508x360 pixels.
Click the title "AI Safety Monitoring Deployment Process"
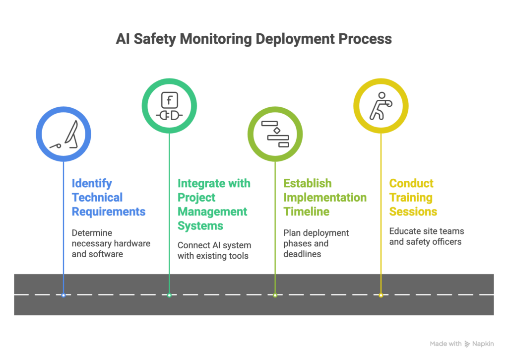coord(254,39)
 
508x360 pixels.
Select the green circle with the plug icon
coord(169,106)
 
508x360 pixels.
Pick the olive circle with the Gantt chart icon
coord(275,134)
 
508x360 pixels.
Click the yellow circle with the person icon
coord(381,106)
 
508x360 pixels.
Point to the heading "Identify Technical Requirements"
coord(109,198)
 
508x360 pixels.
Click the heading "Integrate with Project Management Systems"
coord(214,205)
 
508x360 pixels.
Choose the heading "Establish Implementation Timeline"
coord(325,198)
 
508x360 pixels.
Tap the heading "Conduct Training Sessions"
coord(413,198)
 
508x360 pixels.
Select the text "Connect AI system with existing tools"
coord(214,251)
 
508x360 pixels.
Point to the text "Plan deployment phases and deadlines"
coord(316,243)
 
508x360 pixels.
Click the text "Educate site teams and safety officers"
coord(426,236)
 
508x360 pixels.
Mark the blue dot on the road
coord(63,295)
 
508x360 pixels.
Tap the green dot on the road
coord(169,295)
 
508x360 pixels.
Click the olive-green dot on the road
coord(275,295)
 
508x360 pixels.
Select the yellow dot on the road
coord(381,295)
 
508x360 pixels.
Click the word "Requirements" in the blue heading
coord(109,212)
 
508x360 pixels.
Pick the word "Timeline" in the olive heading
coord(306,212)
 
